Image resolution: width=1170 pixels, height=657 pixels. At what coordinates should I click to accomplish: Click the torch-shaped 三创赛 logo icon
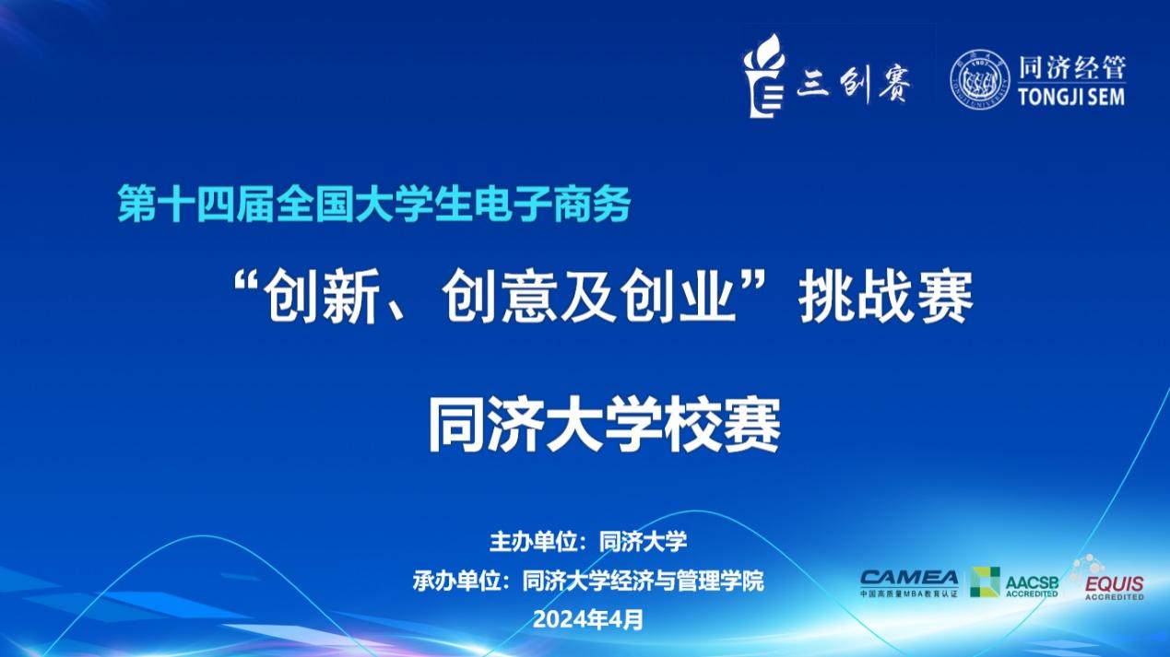tap(764, 76)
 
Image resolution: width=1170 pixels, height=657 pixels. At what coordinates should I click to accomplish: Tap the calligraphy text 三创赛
tap(854, 84)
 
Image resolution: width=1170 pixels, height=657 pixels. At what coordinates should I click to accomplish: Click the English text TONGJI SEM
tap(1071, 97)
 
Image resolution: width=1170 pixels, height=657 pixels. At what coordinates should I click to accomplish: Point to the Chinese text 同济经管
tap(1071, 67)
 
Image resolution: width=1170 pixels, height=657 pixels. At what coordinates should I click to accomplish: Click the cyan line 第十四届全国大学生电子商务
tap(374, 204)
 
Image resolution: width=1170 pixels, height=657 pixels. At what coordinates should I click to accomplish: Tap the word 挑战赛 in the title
tap(886, 297)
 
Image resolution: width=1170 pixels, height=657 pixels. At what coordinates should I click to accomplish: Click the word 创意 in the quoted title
tap(498, 297)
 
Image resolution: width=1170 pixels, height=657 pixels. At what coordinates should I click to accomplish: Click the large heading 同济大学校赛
tap(604, 424)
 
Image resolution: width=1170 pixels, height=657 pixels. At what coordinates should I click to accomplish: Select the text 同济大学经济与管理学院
tap(643, 581)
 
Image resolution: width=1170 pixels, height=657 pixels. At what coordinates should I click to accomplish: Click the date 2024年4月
tap(588, 619)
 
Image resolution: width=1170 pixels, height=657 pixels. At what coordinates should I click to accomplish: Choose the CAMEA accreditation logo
tap(909, 583)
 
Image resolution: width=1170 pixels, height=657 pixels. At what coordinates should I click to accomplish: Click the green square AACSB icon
tap(985, 581)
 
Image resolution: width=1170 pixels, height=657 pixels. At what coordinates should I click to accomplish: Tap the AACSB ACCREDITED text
tap(1032, 586)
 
